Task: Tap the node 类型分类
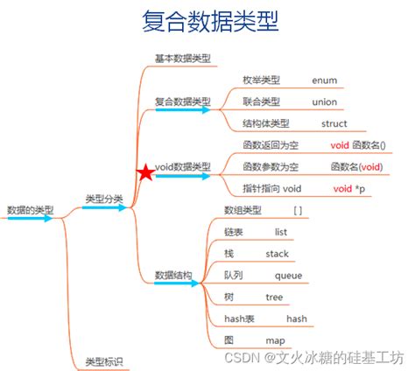coord(103,200)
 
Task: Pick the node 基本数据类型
coord(182,59)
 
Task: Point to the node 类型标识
coord(103,361)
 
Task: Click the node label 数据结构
coord(173,275)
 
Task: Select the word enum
coord(324,80)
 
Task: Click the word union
coord(324,102)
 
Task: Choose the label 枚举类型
coord(261,80)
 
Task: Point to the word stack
coord(277,254)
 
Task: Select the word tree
coord(274,297)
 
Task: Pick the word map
coord(276,339)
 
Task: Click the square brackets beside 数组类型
coord(299,211)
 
